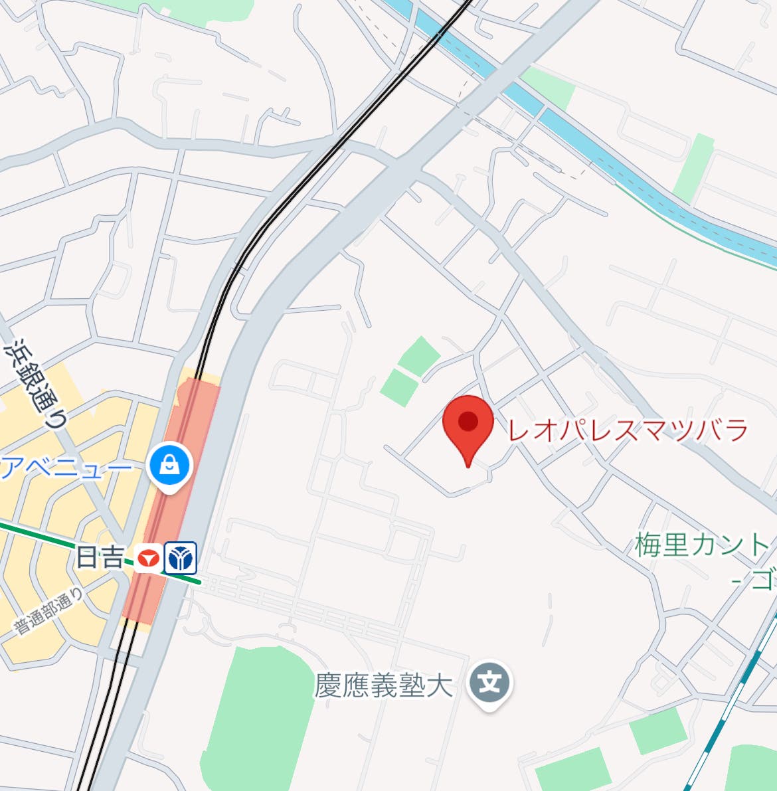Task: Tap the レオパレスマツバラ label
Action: (628, 431)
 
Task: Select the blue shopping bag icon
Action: (171, 465)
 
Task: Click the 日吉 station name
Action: (100, 557)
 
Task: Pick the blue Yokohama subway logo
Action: (181, 558)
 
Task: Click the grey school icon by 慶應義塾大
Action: (489, 683)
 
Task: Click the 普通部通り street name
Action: (50, 611)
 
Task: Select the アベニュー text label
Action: (66, 469)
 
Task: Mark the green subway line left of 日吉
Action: (40, 537)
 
